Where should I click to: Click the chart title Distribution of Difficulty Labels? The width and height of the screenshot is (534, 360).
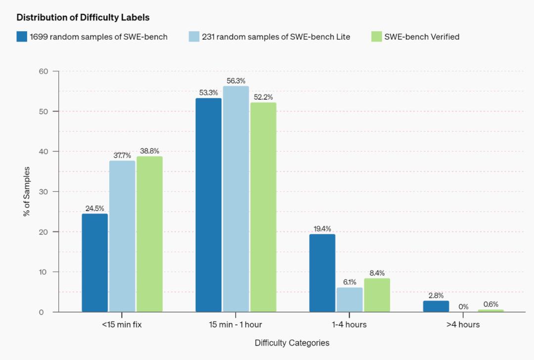tap(83, 17)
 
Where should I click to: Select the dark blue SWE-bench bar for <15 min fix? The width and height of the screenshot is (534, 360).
tap(95, 263)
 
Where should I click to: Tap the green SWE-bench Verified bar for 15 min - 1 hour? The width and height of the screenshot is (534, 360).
tap(263, 207)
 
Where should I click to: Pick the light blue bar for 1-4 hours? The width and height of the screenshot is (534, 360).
tap(350, 300)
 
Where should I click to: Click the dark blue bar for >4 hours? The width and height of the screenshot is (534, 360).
tap(436, 306)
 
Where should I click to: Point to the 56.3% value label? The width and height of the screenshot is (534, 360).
tap(236, 81)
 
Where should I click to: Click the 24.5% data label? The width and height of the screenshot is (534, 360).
tap(95, 208)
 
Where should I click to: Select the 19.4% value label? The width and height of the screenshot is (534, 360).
tap(322, 229)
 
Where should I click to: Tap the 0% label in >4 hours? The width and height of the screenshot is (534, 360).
tap(463, 307)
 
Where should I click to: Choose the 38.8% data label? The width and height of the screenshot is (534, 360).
tap(149, 151)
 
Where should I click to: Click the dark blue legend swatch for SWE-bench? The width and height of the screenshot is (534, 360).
tap(22, 37)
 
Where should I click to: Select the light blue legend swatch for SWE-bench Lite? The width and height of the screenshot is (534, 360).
tap(194, 37)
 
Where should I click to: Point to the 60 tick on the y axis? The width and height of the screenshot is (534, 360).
tap(43, 71)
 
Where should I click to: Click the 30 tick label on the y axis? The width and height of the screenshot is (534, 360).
tap(43, 191)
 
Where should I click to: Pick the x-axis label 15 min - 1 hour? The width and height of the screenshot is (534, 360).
tap(235, 325)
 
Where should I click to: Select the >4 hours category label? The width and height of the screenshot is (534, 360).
tap(463, 325)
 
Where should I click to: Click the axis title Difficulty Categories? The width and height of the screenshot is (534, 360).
tap(292, 343)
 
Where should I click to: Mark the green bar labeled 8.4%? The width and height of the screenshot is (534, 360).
tap(377, 295)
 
